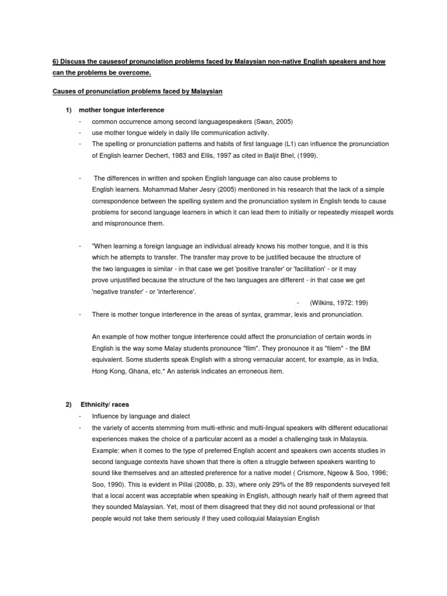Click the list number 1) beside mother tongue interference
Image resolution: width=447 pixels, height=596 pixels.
[68, 110]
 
